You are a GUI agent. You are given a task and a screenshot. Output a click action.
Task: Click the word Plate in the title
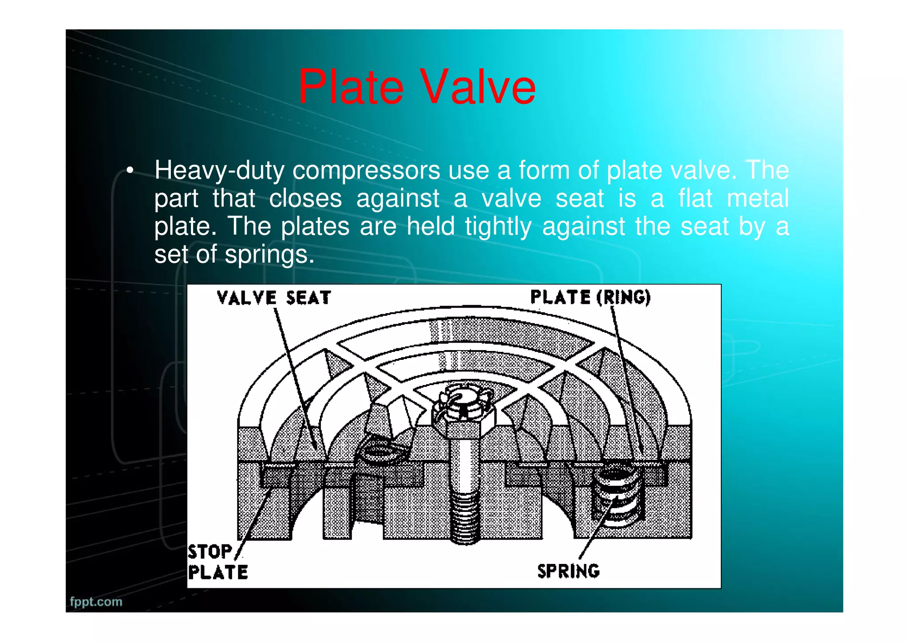351,87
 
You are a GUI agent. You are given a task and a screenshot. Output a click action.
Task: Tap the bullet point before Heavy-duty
130,171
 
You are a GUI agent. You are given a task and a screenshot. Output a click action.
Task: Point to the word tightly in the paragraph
498,227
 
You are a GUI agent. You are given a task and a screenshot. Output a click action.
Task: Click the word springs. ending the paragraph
269,255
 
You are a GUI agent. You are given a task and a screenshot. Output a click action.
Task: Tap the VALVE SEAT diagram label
274,298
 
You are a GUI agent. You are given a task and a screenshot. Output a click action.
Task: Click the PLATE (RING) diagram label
590,297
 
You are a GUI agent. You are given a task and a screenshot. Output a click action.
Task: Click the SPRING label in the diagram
568,571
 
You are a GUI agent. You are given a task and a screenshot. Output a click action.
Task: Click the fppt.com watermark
96,602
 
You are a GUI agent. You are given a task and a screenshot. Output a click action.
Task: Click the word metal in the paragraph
758,198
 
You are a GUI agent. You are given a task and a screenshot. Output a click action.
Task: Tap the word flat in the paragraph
695,198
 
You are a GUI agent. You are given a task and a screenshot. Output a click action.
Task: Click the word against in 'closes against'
398,199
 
